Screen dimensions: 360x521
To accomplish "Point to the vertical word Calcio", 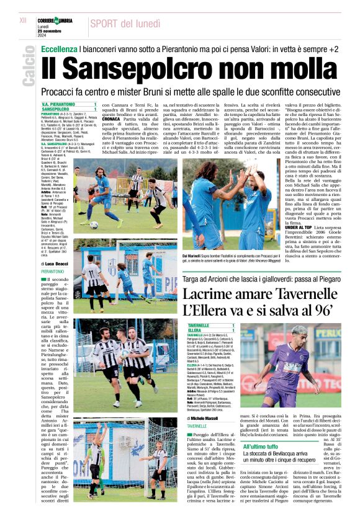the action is (29, 69).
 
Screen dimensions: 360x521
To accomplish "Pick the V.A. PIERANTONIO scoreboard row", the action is (68, 105).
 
